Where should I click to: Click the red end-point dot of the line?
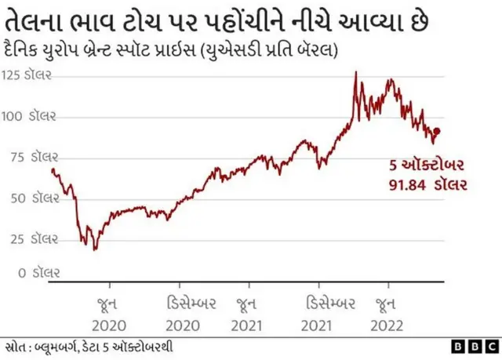point(437,132)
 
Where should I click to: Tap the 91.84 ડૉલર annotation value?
point(427,185)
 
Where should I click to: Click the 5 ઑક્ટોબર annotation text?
point(428,166)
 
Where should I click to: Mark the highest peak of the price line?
point(355,72)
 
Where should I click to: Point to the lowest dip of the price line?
point(95,249)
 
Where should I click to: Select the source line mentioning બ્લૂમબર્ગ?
point(89,346)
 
